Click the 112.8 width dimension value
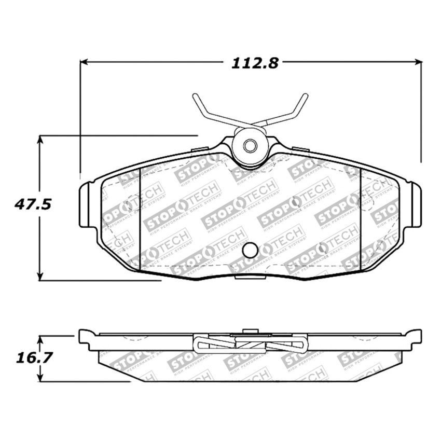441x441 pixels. coord(255,63)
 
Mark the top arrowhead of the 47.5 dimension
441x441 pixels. coord(40,140)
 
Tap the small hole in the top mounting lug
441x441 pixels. coord(250,146)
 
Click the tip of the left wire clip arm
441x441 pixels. coord(195,96)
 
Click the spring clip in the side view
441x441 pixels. coord(250,343)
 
